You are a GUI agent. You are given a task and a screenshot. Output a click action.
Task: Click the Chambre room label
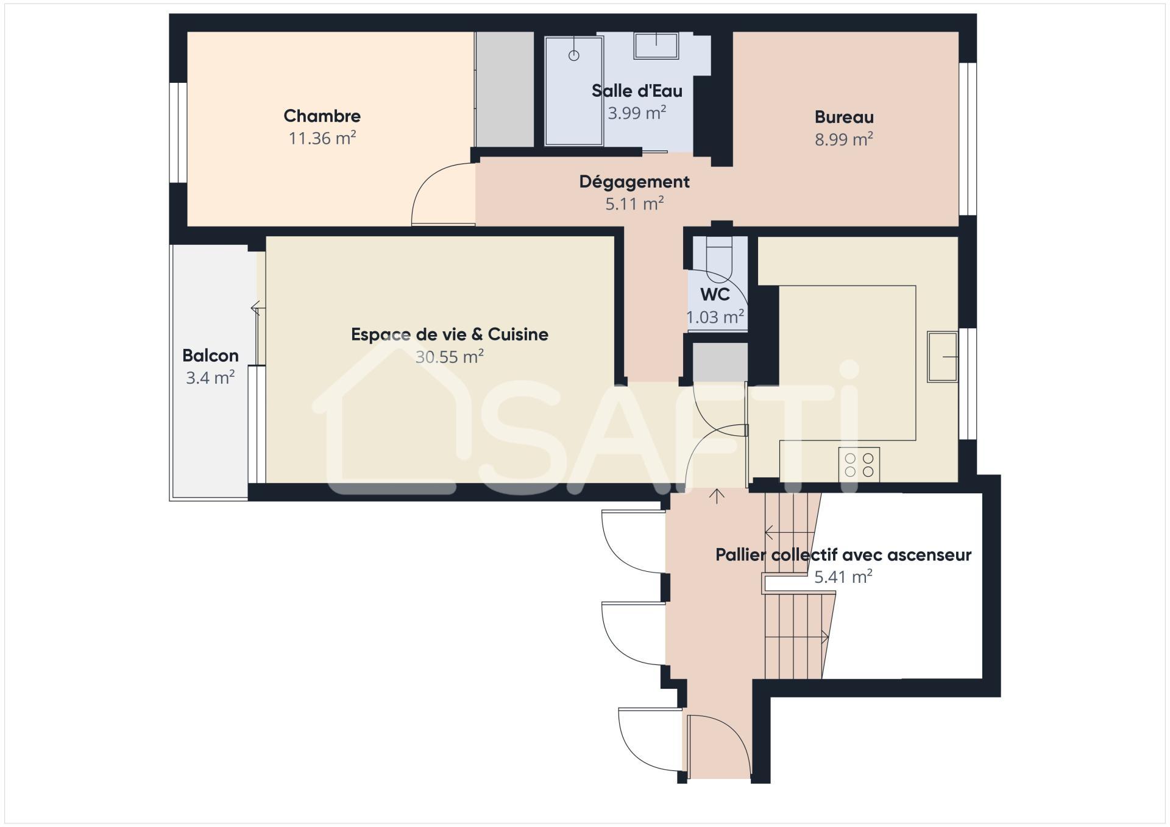pyautogui.click(x=322, y=116)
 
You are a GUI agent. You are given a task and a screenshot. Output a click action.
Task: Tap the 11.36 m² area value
pyautogui.click(x=322, y=138)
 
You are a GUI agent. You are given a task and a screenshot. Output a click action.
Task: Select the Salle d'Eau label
pyautogui.click(x=637, y=91)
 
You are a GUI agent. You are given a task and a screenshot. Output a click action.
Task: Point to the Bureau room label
pyautogui.click(x=844, y=117)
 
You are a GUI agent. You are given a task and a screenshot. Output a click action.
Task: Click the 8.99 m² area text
pyautogui.click(x=844, y=139)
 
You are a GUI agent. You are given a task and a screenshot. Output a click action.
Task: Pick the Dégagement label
pyautogui.click(x=634, y=181)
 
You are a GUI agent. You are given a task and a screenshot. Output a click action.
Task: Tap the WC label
pyautogui.click(x=715, y=294)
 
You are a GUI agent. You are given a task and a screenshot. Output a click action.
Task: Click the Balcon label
pyautogui.click(x=210, y=355)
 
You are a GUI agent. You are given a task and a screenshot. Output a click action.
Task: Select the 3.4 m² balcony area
pyautogui.click(x=210, y=378)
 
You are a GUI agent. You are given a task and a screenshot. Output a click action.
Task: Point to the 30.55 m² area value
pyautogui.click(x=450, y=356)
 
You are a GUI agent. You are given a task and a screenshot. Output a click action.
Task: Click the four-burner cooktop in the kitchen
pyautogui.click(x=859, y=465)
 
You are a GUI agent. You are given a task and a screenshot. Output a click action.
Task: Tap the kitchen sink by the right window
pyautogui.click(x=942, y=356)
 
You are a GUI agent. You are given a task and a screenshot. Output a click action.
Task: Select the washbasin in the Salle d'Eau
pyautogui.click(x=656, y=46)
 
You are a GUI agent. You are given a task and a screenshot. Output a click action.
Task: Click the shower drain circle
pyautogui.click(x=573, y=55)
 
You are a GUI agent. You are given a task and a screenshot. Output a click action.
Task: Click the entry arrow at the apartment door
pyautogui.click(x=717, y=496)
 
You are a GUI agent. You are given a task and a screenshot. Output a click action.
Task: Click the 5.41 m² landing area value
pyautogui.click(x=843, y=577)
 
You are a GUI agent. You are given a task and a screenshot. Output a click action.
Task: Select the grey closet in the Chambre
pyautogui.click(x=505, y=89)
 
